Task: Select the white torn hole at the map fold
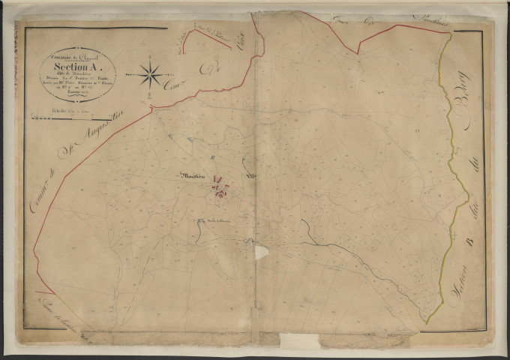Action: (x=260, y=252)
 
